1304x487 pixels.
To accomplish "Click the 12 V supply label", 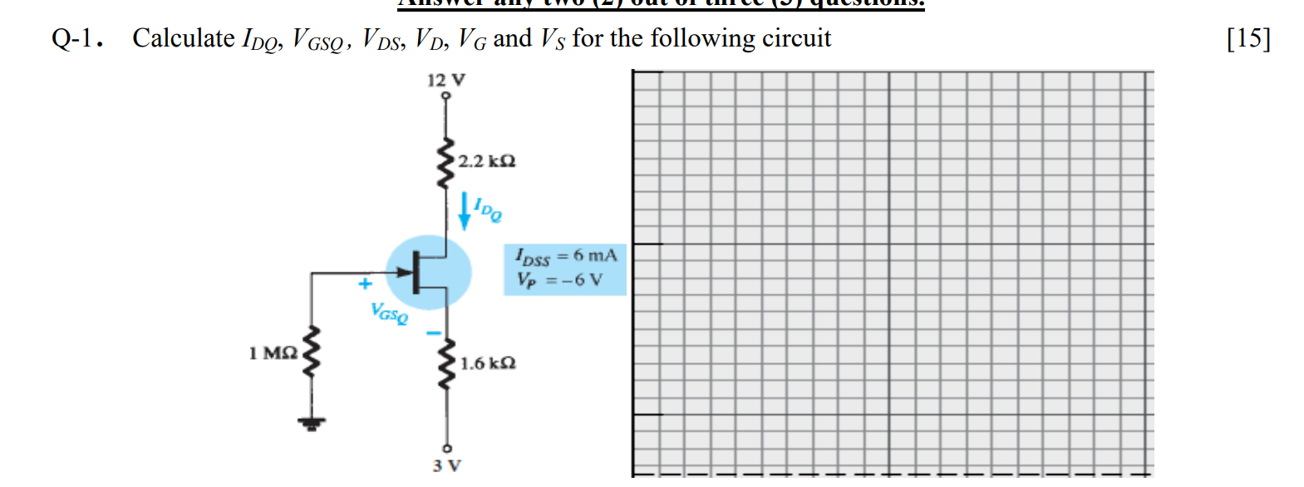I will [445, 80].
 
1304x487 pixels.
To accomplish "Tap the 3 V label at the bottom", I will [446, 465].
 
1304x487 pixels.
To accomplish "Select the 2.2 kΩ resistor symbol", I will [446, 163].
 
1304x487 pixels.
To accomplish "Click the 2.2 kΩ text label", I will [487, 160].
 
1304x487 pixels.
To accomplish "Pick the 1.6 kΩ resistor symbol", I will [446, 364].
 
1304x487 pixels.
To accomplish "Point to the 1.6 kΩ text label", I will [488, 363].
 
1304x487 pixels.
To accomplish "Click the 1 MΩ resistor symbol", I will [312, 352].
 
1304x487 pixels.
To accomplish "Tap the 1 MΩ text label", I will [273, 353].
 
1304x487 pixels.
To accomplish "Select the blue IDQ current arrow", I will [465, 211].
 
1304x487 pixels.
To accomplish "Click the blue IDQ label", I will [488, 209].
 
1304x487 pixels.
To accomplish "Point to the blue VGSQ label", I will [390, 313].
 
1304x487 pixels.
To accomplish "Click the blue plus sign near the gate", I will [365, 284].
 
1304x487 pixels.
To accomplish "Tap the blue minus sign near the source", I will [432, 333].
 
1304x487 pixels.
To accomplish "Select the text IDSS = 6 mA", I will [566, 256].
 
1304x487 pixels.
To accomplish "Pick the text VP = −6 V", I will [559, 280].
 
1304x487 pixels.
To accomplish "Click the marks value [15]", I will [1248, 38].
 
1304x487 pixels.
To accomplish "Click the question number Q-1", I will [76, 38].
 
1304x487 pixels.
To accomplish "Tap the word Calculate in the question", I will [184, 38].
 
